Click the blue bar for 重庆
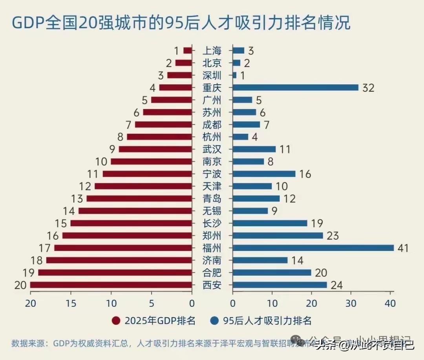(295, 87)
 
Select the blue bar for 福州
(313, 248)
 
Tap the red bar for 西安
(111, 285)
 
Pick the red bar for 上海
(188, 51)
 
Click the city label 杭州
(212, 137)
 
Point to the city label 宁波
(212, 174)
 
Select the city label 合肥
(212, 273)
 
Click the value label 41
(402, 248)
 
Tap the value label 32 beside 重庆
(368, 88)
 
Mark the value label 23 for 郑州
(332, 236)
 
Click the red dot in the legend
(116, 321)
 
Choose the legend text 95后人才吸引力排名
(267, 321)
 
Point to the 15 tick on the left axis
(71, 303)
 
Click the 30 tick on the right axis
(351, 303)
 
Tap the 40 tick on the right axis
(390, 303)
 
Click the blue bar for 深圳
(235, 75)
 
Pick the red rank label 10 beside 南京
(101, 162)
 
